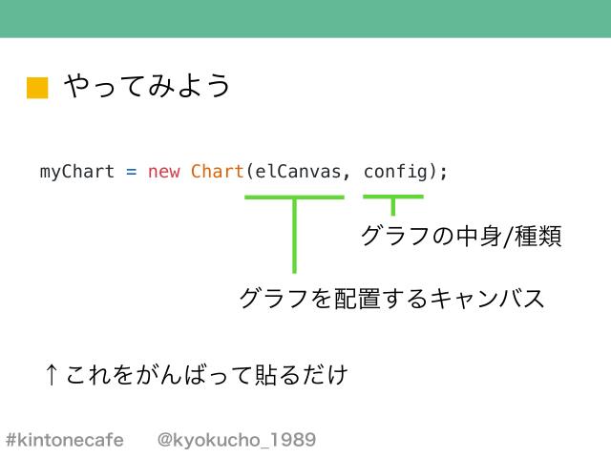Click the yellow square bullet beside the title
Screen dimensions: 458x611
(36, 88)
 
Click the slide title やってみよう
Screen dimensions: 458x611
(148, 87)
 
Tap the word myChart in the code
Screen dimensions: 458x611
(76, 172)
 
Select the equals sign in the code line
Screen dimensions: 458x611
(131, 173)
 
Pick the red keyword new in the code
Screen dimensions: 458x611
(163, 173)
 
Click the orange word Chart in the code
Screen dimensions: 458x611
(217, 172)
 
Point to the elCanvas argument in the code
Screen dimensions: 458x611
(296, 172)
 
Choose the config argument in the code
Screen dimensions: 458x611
(395, 172)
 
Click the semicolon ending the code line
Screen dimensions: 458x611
(443, 173)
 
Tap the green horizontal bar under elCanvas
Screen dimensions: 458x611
(294, 197)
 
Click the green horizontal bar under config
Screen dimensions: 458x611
(392, 197)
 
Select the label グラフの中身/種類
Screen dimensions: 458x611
(459, 235)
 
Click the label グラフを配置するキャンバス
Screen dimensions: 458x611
(391, 298)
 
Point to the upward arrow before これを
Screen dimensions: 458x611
(53, 374)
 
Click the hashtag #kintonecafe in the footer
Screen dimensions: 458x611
(65, 440)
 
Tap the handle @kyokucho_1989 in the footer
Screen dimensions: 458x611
(236, 440)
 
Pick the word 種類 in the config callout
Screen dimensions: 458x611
(537, 235)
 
